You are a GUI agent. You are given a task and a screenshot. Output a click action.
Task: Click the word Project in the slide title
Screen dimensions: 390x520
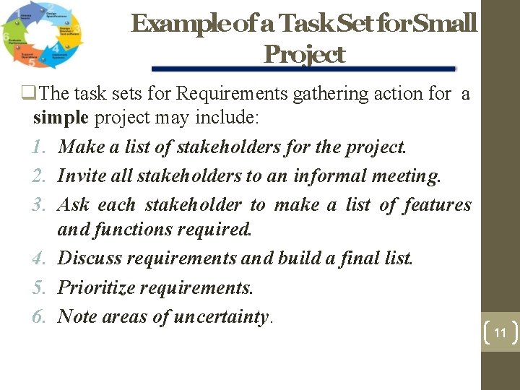coord(304,54)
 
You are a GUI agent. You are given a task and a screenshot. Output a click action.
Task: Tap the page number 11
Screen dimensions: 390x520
coord(500,333)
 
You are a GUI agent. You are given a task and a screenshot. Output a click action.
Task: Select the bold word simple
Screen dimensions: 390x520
coord(61,118)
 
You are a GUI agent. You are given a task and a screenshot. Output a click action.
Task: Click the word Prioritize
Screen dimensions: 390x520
coord(96,287)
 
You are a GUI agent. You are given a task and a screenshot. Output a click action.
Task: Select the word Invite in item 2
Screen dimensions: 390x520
coord(76,175)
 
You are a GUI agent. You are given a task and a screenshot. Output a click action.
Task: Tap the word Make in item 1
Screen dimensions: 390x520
coord(77,147)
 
